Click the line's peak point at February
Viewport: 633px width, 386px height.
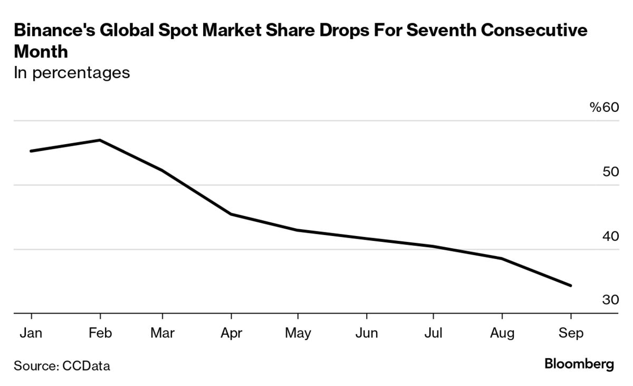click(x=100, y=140)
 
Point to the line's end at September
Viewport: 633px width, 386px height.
click(x=570, y=286)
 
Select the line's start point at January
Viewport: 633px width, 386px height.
click(x=31, y=151)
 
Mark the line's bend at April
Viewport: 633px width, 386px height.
click(x=231, y=214)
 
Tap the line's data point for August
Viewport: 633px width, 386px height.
click(x=502, y=258)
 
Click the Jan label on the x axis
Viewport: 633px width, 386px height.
click(x=31, y=333)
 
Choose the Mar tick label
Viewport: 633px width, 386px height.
click(x=162, y=333)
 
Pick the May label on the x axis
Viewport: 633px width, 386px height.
click(x=298, y=334)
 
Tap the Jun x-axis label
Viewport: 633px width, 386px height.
click(x=366, y=333)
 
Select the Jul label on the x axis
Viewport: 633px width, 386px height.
click(x=433, y=333)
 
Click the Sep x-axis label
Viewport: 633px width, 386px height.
click(x=570, y=334)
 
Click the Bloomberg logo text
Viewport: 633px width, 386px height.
click(x=579, y=364)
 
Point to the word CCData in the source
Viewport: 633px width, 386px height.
click(x=86, y=365)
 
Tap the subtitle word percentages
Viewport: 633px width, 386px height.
click(x=82, y=72)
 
